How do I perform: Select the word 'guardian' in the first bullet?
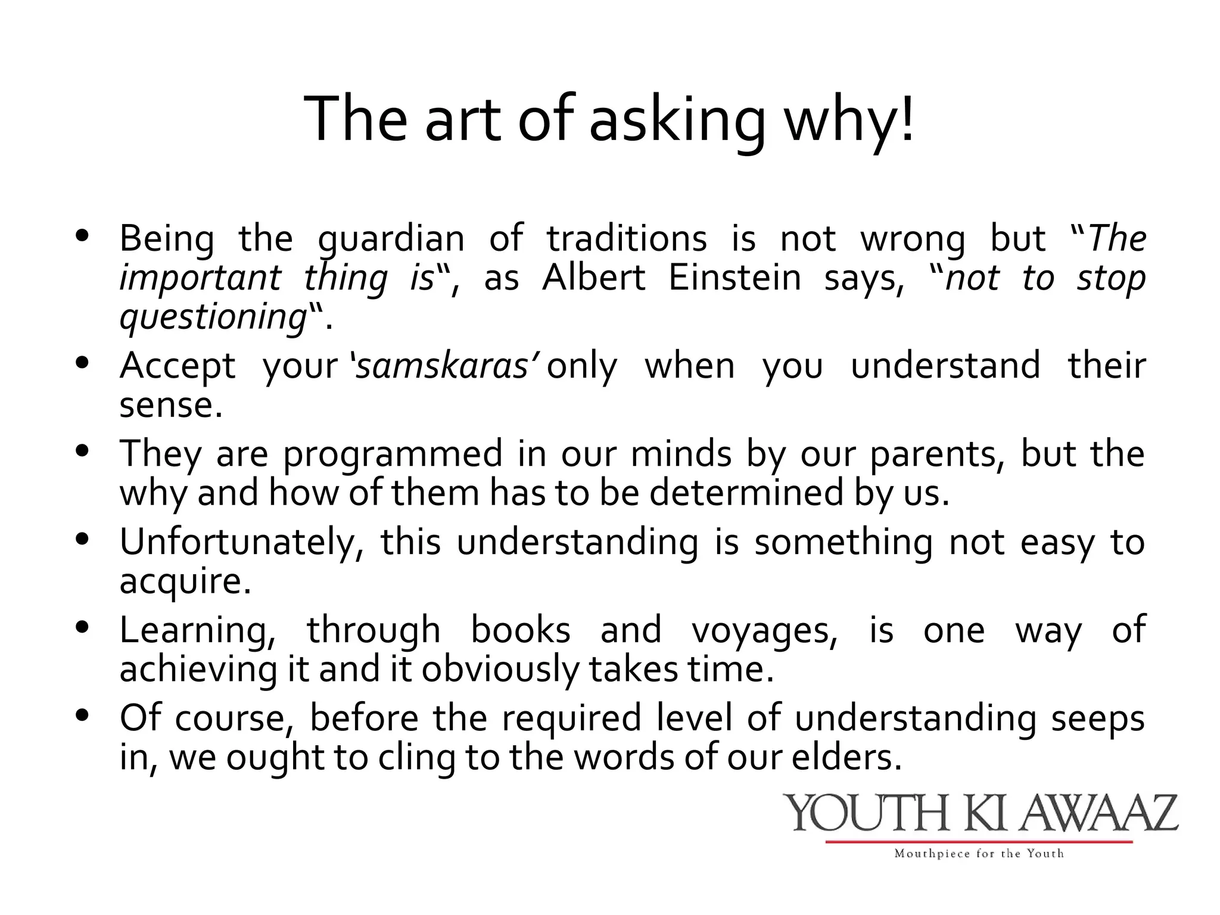click(391, 239)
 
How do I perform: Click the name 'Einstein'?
click(735, 278)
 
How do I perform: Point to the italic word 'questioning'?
click(213, 318)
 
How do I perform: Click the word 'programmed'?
click(393, 454)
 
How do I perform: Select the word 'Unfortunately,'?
click(241, 542)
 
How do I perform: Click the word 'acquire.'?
click(185, 581)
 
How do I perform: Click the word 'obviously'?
click(500, 670)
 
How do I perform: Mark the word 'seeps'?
click(1098, 718)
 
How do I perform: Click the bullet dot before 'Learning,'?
click(83, 627)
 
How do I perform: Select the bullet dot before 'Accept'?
click(83, 362)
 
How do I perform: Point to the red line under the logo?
click(979, 842)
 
